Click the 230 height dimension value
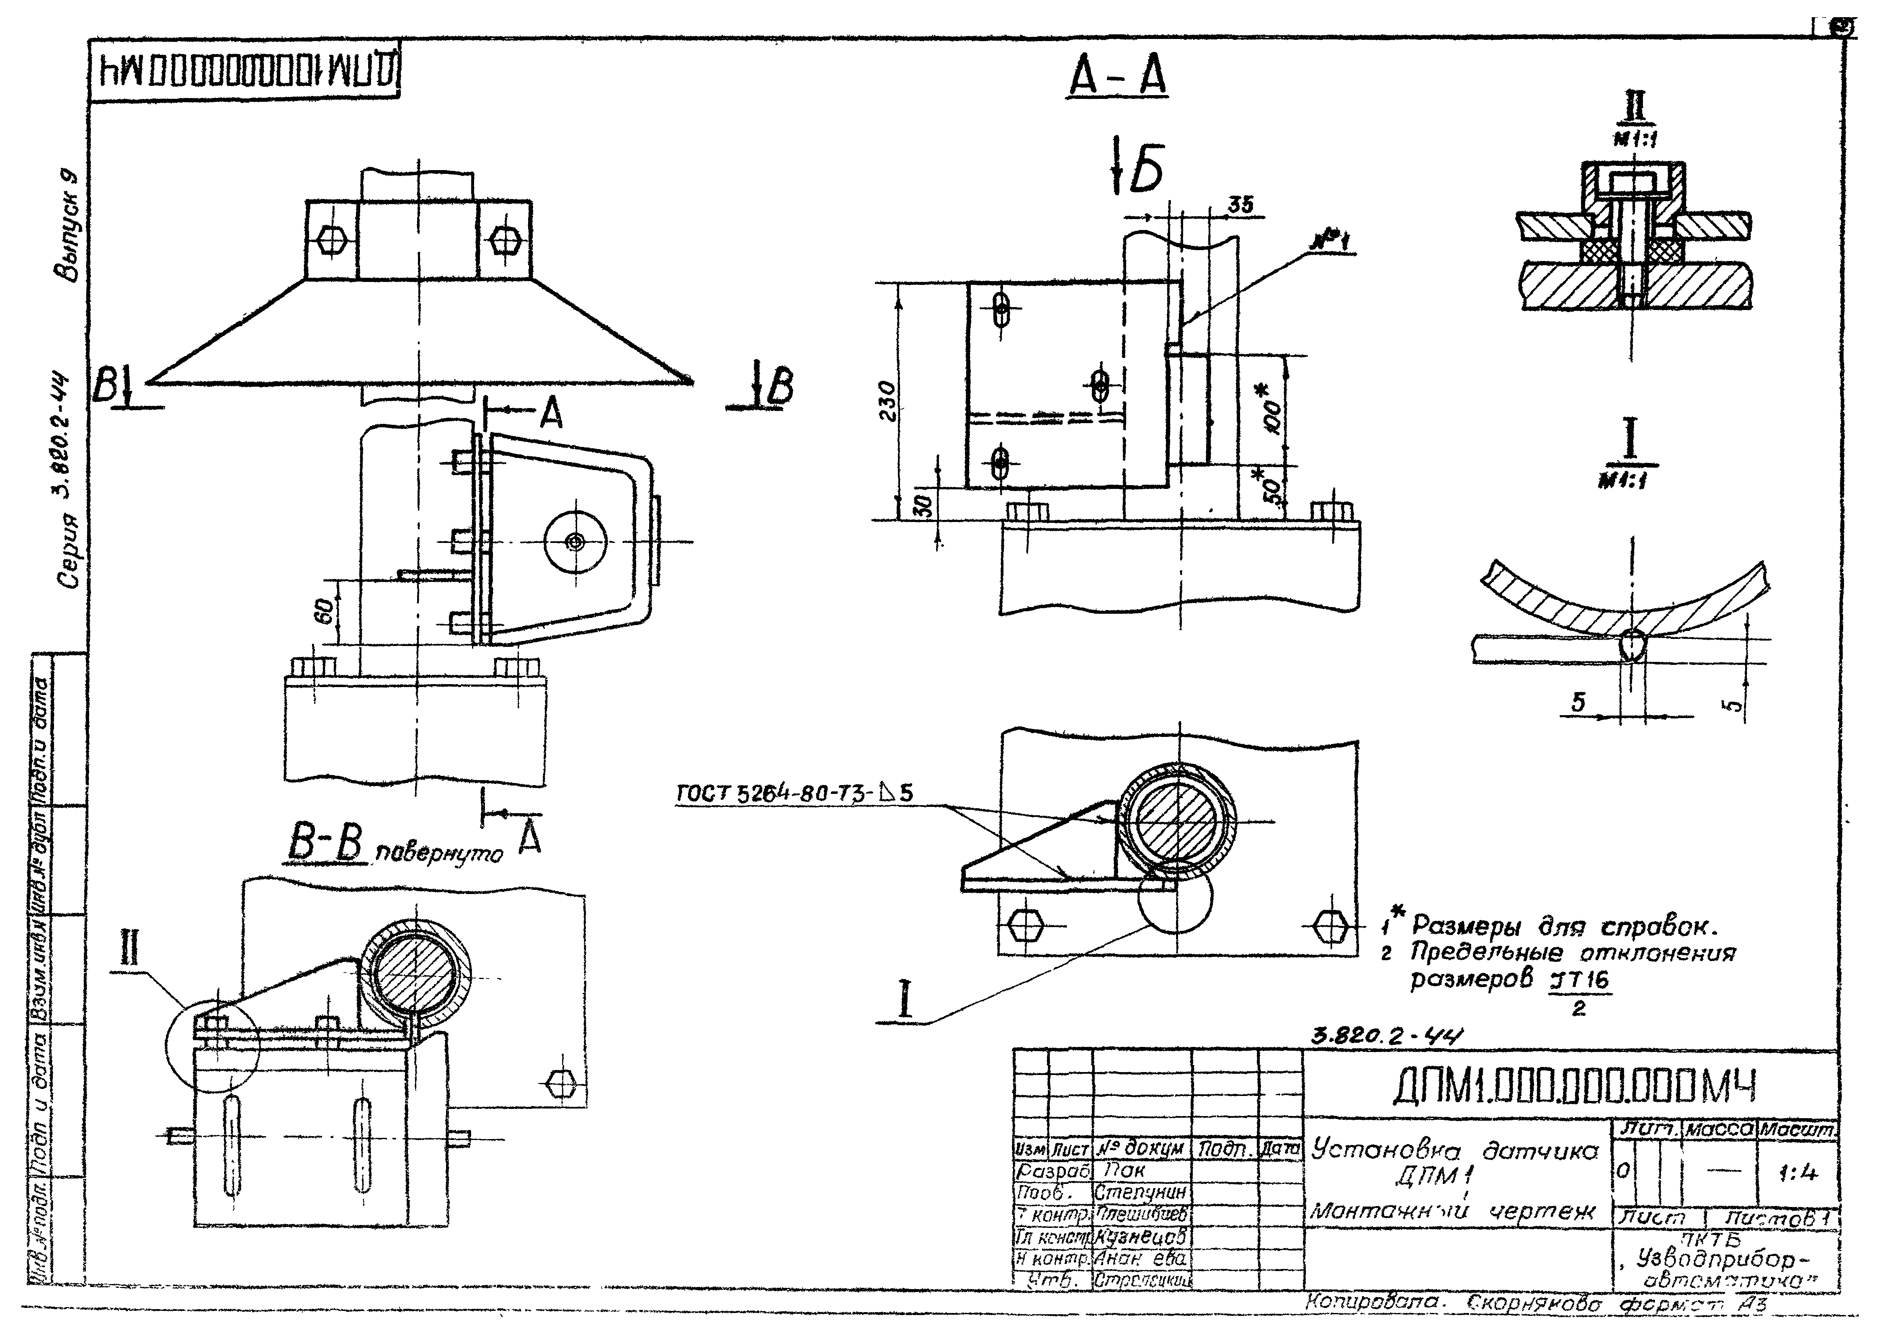(886, 401)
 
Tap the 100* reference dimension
(1273, 409)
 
